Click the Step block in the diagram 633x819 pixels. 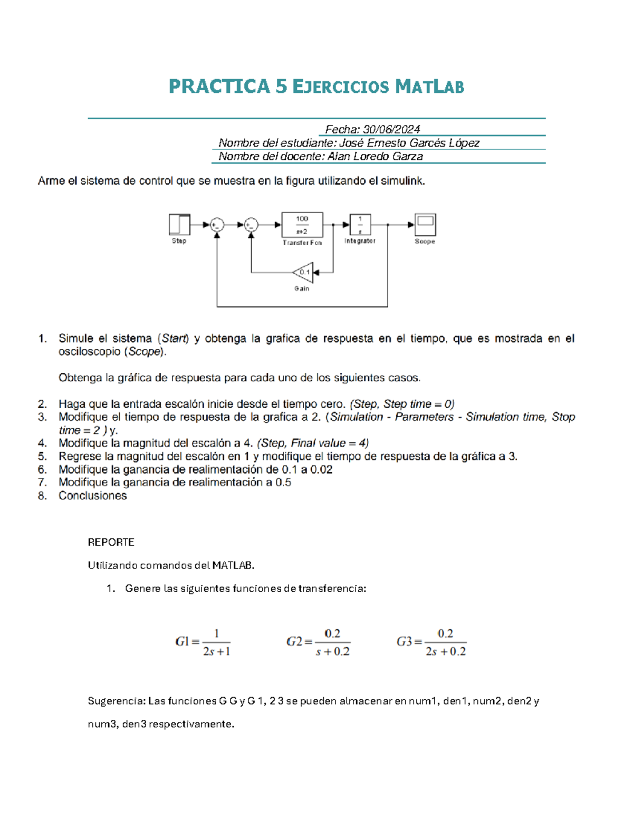pos(179,225)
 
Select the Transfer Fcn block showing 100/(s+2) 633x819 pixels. pos(302,225)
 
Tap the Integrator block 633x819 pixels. pos(360,225)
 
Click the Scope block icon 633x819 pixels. pos(425,225)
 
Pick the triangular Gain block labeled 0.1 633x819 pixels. pos(303,273)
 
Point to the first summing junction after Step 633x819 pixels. pos(217,225)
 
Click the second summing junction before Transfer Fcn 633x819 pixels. pos(251,225)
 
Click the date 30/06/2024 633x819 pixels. pos(391,129)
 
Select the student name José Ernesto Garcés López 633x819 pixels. pos(409,143)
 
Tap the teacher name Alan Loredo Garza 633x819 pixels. pos(375,157)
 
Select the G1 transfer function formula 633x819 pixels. pos(203,642)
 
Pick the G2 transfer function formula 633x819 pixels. pos(318,642)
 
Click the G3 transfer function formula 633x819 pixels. pos(431,642)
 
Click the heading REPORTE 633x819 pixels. pos(111,542)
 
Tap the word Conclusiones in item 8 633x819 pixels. pos(92,496)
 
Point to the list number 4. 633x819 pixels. pos(42,443)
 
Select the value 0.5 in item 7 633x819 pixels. pos(283,483)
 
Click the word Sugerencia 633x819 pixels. pos(116,701)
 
